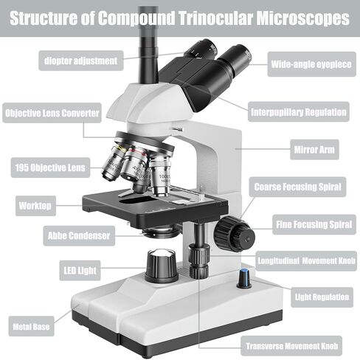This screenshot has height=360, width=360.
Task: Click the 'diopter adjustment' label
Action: (x=81, y=60)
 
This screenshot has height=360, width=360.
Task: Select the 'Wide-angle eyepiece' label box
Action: (x=311, y=64)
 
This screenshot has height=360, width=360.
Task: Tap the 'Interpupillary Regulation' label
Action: (x=299, y=112)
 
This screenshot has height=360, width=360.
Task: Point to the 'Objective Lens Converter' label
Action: (x=52, y=113)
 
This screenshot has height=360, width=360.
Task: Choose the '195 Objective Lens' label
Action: (x=50, y=167)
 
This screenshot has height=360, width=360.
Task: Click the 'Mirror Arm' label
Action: (x=314, y=150)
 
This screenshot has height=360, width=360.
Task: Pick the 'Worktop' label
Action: (x=35, y=206)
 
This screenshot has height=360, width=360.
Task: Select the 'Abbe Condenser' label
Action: (x=79, y=235)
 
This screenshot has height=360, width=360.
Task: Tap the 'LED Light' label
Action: (x=80, y=271)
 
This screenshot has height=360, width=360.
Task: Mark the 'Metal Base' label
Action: (x=31, y=326)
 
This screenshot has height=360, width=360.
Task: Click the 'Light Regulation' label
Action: (x=322, y=297)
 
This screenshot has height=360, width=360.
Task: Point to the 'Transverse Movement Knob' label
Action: (x=291, y=346)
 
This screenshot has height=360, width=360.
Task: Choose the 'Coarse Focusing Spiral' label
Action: (x=297, y=187)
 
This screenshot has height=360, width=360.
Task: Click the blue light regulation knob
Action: (x=244, y=279)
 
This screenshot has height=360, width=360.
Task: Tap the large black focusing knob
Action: (x=234, y=233)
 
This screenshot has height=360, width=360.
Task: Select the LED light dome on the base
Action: (x=162, y=266)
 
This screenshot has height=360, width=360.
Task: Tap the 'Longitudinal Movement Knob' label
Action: (x=306, y=261)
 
